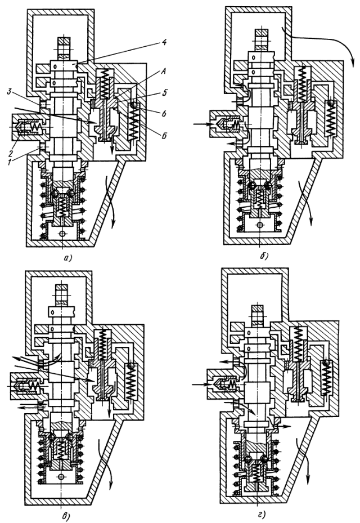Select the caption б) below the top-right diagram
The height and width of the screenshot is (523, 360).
tap(264, 257)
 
